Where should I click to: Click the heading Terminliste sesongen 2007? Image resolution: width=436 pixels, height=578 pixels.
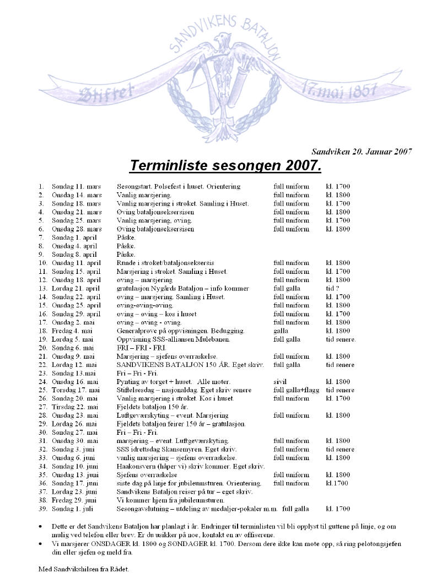(225, 165)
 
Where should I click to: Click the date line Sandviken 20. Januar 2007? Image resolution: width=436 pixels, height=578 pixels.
(362, 152)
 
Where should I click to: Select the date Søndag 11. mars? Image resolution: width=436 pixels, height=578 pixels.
(77, 186)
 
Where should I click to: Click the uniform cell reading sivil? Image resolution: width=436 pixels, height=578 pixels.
(281, 381)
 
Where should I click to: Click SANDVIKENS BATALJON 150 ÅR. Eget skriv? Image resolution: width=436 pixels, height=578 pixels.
(191, 365)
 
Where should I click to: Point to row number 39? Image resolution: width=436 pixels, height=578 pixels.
(42, 509)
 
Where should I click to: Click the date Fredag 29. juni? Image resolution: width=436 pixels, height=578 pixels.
(75, 500)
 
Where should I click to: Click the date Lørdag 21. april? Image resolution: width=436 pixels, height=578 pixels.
(76, 288)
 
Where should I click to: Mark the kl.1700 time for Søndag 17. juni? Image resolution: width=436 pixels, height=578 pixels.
(337, 483)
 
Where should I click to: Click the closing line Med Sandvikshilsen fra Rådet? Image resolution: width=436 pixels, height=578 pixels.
(84, 569)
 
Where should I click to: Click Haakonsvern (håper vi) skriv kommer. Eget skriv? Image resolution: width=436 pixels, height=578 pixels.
(191, 466)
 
